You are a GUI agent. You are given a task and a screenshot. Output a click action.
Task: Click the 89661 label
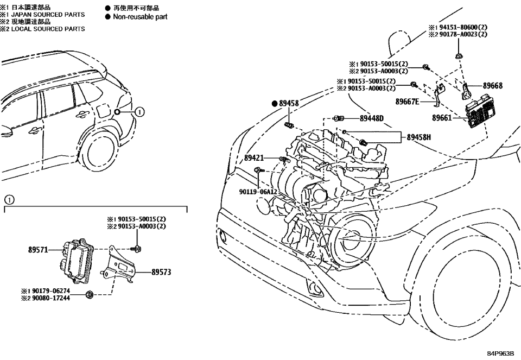[x=443, y=117]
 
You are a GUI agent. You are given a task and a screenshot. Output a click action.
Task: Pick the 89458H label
[x=418, y=137]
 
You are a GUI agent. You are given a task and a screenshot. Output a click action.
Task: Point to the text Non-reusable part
[x=140, y=17]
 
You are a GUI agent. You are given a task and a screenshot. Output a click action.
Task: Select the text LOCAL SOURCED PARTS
[x=47, y=29]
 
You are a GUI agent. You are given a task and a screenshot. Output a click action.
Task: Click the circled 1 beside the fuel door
[x=139, y=112]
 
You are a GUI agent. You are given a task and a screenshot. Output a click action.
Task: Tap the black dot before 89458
[x=275, y=103]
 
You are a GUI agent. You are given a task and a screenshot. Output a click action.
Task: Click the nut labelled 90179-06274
[x=90, y=295]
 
